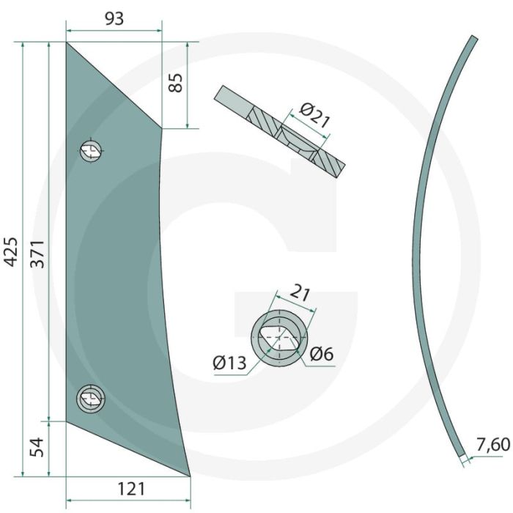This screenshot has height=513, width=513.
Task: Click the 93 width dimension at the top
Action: click(114, 19)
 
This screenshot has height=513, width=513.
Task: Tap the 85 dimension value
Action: click(176, 83)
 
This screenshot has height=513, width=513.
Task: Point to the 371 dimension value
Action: click(37, 254)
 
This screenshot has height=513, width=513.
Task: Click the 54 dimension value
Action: click(37, 447)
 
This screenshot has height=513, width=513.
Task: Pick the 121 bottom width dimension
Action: click(131, 490)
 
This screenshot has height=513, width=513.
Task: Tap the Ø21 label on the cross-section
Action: click(314, 116)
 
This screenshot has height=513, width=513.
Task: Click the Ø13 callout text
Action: click(229, 363)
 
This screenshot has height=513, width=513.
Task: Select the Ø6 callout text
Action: click(322, 354)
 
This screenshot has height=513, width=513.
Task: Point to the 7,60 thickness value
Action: click(493, 445)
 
